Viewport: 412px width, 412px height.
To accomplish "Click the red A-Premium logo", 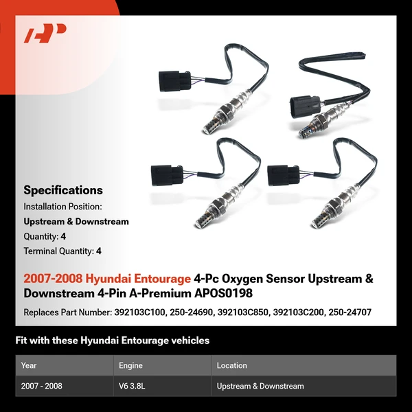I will click(45, 33).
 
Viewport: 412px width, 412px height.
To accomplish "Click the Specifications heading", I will click(63, 190).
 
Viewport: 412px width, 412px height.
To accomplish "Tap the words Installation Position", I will click(62, 206).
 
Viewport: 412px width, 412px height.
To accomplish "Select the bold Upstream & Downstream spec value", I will click(76, 221).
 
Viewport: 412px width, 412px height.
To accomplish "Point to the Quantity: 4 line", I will click(45, 236).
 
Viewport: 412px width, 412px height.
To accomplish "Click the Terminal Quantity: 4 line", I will click(62, 251).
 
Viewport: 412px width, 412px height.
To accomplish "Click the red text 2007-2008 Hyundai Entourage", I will click(107, 279).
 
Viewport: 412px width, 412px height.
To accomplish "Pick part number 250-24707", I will click(349, 312).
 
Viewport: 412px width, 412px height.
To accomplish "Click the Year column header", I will click(29, 365).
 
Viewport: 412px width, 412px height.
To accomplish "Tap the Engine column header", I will click(130, 365).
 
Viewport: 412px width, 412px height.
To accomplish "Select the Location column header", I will click(231, 365).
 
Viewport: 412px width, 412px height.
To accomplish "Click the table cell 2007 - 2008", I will click(42, 386).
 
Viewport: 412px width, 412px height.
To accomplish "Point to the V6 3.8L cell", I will click(133, 386).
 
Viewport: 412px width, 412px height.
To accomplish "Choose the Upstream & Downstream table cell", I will click(260, 386).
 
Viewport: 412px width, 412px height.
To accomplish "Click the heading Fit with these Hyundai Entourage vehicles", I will click(112, 340).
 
